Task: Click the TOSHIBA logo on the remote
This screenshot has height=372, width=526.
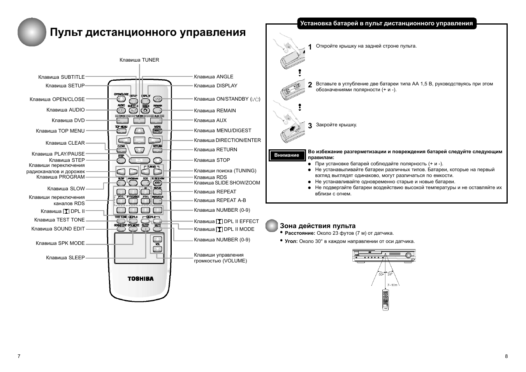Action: tap(141, 278)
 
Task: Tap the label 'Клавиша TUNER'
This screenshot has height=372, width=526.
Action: tap(139, 60)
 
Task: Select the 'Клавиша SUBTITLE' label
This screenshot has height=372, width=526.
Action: tap(62, 77)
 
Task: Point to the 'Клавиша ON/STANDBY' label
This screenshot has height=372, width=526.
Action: tap(227, 99)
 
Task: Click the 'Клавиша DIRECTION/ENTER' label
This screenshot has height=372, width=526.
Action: tap(227, 140)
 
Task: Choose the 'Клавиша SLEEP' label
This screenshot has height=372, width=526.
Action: tap(65, 258)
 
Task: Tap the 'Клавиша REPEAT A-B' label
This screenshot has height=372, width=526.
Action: tap(220, 200)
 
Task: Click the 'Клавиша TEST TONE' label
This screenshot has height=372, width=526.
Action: tap(59, 220)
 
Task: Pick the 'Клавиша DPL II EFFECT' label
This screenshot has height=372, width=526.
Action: tap(226, 221)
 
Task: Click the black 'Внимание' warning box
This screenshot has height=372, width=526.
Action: tap(287, 155)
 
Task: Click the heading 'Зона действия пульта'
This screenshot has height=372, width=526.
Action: tap(317, 226)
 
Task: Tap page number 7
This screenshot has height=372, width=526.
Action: tap(19, 356)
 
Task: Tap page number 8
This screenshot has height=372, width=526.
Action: tap(506, 356)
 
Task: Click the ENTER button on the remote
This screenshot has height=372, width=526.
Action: tap(139, 140)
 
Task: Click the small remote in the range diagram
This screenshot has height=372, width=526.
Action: tap(385, 299)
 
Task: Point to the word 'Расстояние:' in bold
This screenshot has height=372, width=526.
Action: tap(300, 233)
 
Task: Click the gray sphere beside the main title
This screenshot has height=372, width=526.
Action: tap(32, 32)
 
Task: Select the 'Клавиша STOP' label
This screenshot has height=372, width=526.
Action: tap(212, 160)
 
